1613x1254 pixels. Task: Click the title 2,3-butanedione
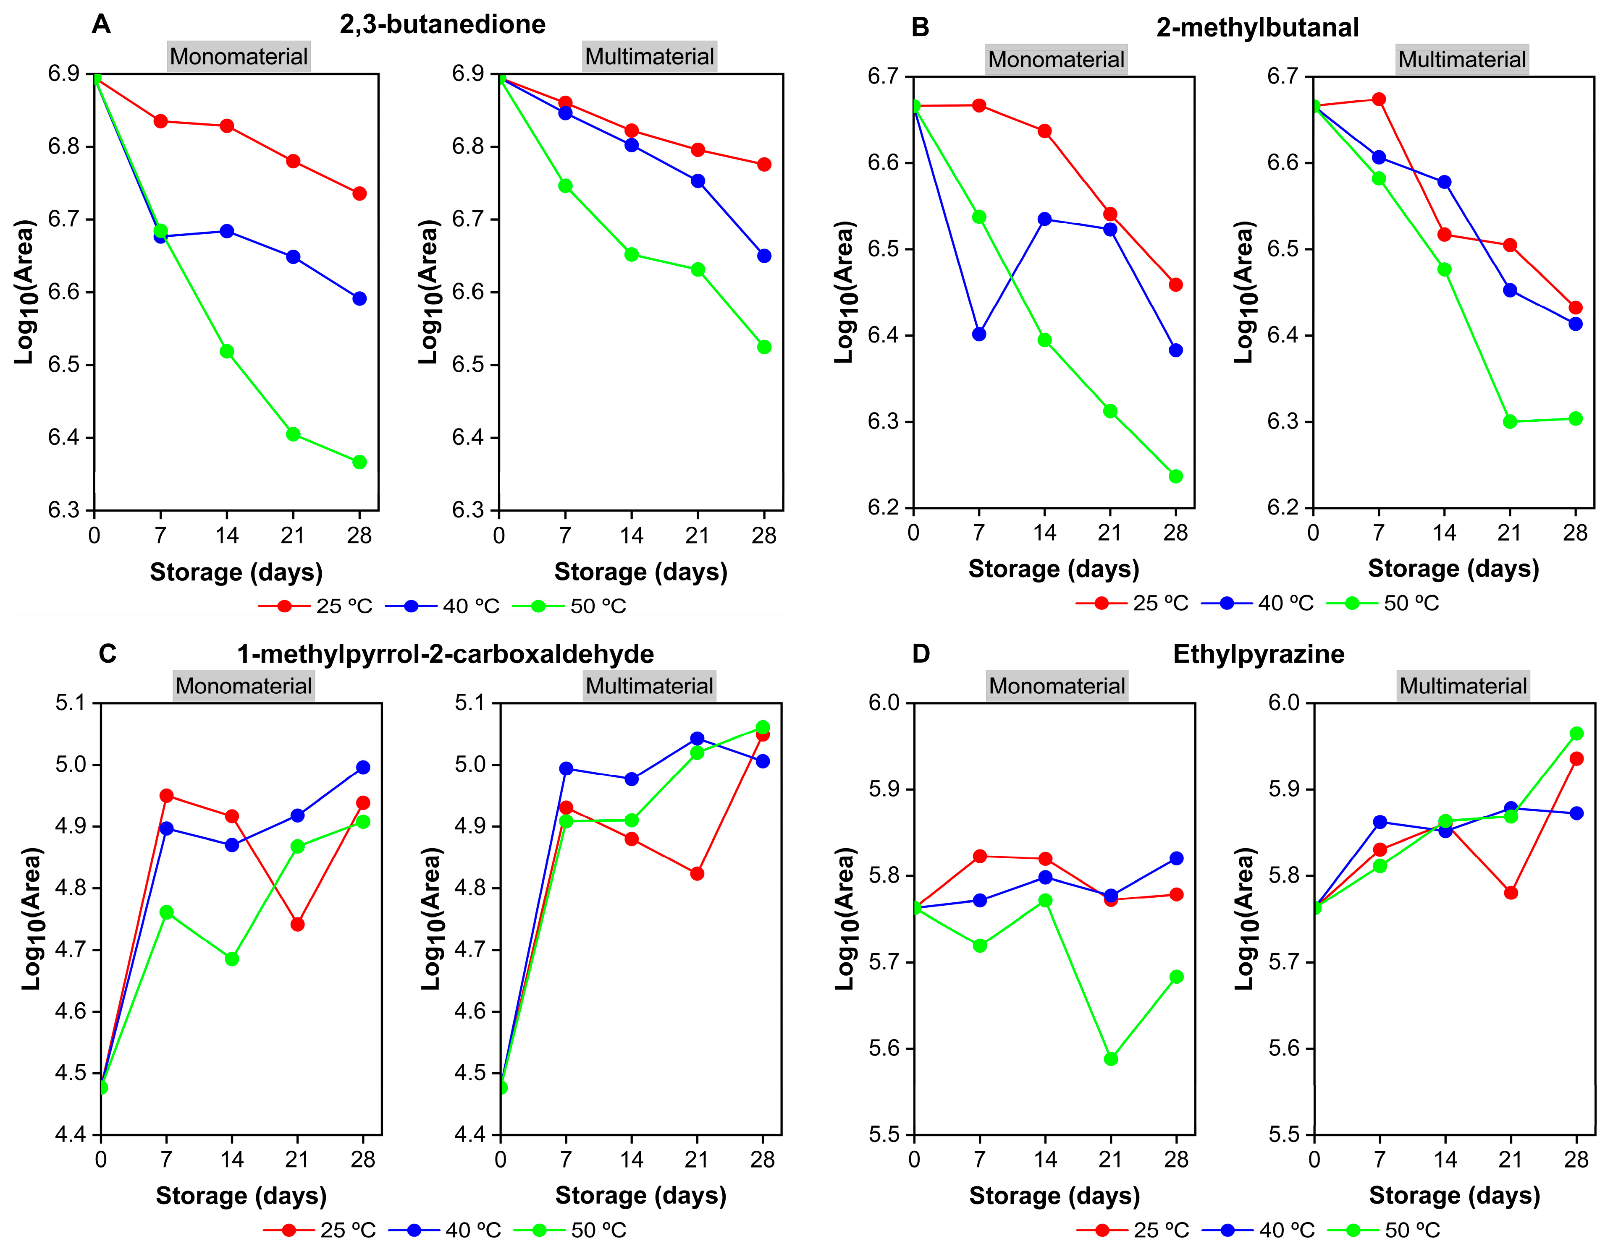[442, 24]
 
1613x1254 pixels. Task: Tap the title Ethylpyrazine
[1259, 654]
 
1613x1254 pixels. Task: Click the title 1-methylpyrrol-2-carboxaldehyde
[445, 654]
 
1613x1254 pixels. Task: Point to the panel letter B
[920, 27]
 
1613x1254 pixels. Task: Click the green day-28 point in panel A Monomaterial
[359, 462]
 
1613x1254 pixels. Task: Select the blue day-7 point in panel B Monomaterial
[979, 334]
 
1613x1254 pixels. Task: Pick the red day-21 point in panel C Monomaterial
[298, 924]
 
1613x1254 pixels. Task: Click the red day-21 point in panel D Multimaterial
[1511, 892]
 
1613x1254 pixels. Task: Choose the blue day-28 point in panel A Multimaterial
[764, 256]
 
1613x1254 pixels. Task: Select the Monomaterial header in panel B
[1056, 59]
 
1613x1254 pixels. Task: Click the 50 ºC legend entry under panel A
[569, 606]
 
